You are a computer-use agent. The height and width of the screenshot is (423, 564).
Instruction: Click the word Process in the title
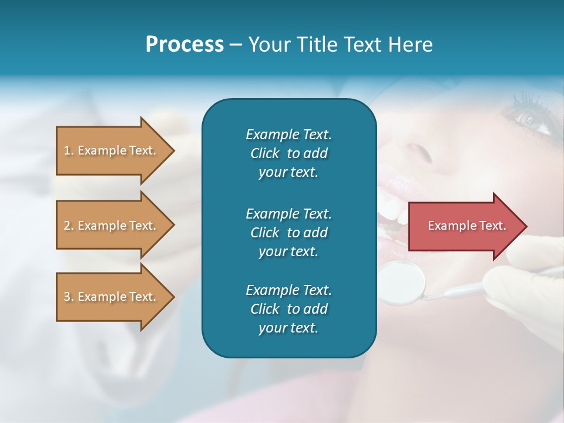click(184, 45)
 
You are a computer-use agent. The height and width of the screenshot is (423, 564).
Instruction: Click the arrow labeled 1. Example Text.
click(112, 150)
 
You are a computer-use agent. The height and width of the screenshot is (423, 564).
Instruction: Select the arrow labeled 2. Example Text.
click(112, 226)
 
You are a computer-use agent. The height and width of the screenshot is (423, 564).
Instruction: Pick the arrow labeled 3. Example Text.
click(112, 297)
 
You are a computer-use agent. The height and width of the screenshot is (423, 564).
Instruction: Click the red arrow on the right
click(464, 226)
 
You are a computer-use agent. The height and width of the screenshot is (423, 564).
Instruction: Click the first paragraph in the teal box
click(288, 153)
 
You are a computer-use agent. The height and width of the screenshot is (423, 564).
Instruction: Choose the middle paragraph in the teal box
click(288, 232)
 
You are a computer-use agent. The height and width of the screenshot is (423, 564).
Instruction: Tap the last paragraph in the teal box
click(288, 309)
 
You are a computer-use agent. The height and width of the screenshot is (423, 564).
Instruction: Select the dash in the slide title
click(235, 45)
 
